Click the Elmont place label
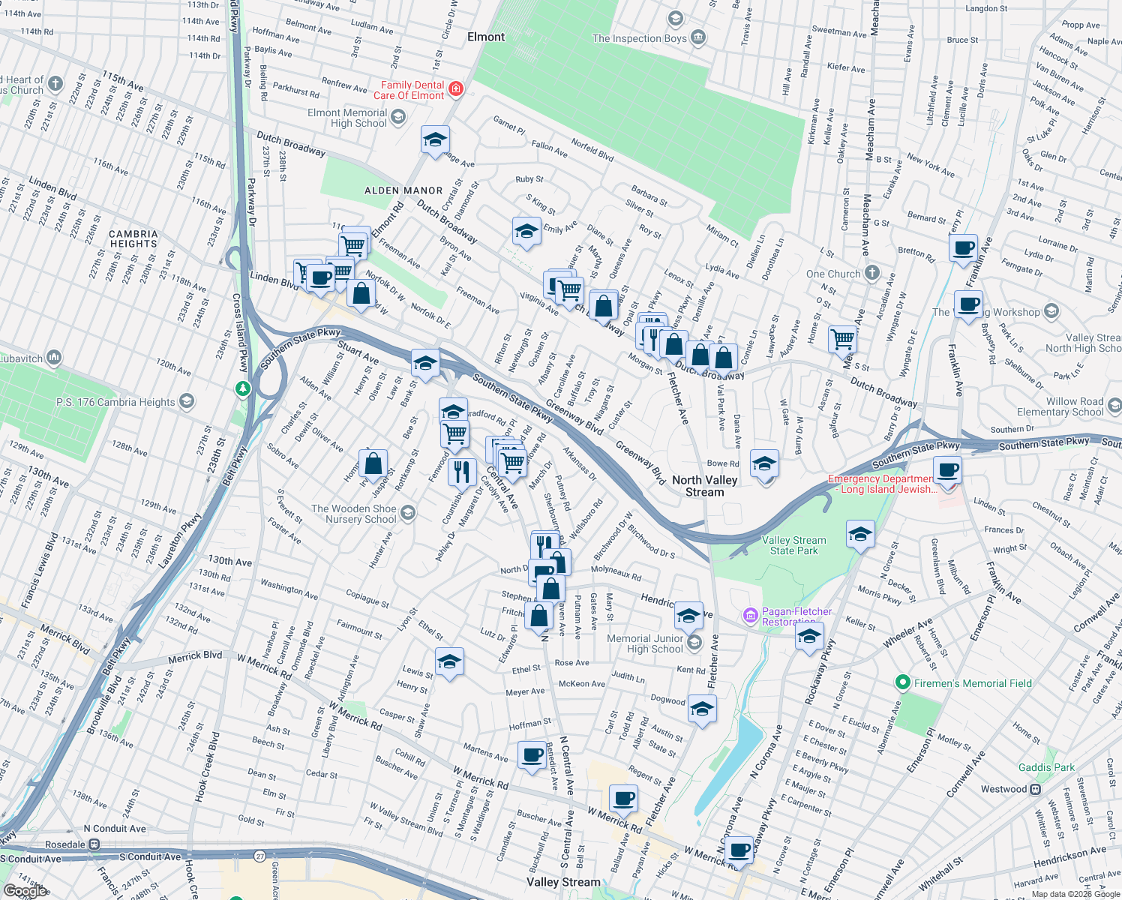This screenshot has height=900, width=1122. pyautogui.click(x=486, y=37)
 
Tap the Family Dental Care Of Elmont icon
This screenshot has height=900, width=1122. pyautogui.click(x=455, y=90)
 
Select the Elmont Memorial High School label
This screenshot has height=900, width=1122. pyautogui.click(x=347, y=118)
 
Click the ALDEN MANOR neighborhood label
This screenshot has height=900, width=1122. pyautogui.click(x=403, y=190)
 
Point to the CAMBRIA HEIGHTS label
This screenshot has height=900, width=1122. pyautogui.click(x=133, y=238)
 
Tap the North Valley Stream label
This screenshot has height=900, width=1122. pyautogui.click(x=704, y=486)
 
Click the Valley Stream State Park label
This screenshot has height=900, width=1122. pyautogui.click(x=793, y=545)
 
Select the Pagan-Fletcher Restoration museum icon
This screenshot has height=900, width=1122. pyautogui.click(x=750, y=616)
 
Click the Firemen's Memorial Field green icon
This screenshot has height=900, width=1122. pyautogui.click(x=902, y=682)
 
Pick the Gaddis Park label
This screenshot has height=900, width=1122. pyautogui.click(x=1046, y=767)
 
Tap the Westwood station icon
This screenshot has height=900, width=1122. pyautogui.click(x=1036, y=789)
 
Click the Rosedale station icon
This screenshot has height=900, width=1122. pyautogui.click(x=94, y=844)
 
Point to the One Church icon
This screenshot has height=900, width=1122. pyautogui.click(x=871, y=274)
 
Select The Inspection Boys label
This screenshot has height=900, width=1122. pyautogui.click(x=639, y=38)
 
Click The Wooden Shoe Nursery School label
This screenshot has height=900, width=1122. pyautogui.click(x=354, y=514)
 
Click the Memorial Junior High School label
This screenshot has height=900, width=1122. pyautogui.click(x=645, y=643)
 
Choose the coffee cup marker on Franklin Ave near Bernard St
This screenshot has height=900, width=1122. pyautogui.click(x=963, y=247)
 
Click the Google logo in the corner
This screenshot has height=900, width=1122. pyautogui.click(x=25, y=890)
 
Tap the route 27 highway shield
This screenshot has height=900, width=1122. pyautogui.click(x=259, y=856)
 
